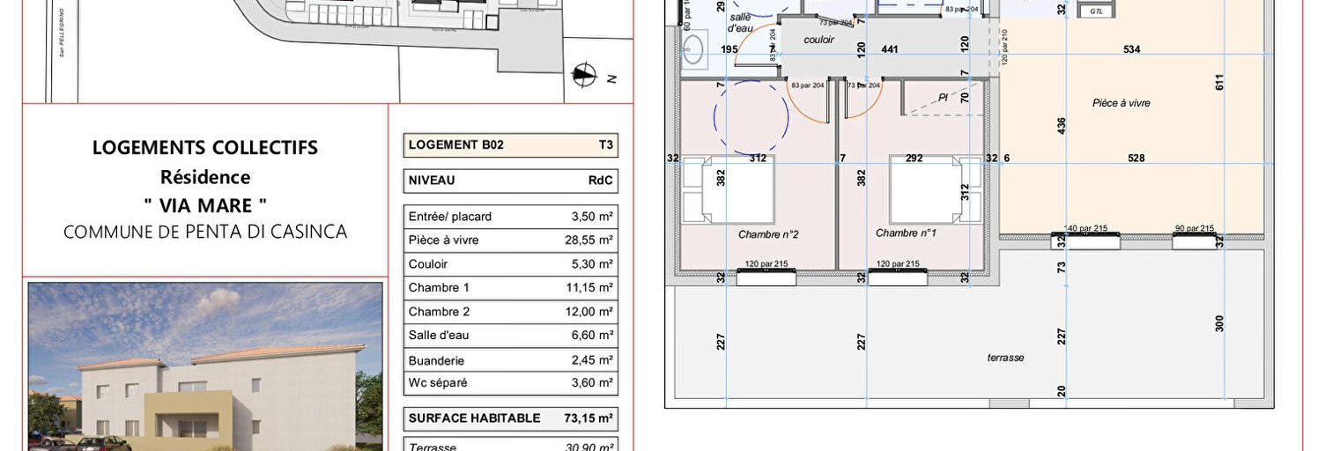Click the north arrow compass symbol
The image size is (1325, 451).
582,76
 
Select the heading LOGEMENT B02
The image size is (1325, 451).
456,145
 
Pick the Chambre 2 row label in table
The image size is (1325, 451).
439,312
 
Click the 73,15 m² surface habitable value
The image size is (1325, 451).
588,418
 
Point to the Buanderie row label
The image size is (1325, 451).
436,360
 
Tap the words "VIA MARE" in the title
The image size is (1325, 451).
205,205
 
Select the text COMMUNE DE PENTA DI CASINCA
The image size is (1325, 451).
205,232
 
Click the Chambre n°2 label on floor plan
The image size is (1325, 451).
767,233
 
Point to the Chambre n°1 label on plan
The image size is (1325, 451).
905,233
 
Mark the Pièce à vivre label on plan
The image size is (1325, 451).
1121,103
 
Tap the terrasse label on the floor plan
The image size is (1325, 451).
1005,358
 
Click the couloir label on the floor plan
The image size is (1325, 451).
818,41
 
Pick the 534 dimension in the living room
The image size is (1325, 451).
1131,50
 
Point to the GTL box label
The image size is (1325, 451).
1096,11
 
